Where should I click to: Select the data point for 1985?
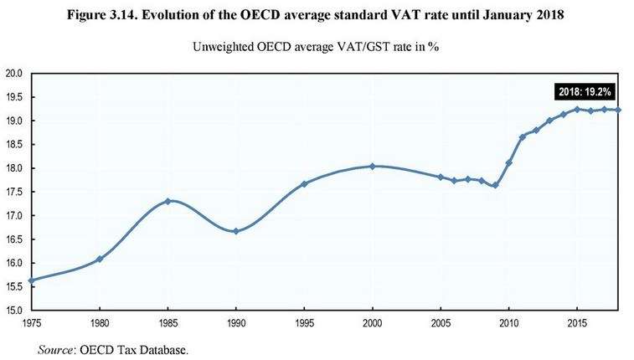168,201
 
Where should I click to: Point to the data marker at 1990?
236,231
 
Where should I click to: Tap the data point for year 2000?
373,167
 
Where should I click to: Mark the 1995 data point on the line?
304,183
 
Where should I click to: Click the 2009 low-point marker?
495,185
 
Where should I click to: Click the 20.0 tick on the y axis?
14,74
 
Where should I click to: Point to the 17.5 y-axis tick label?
14,192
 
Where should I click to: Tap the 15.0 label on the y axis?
14,311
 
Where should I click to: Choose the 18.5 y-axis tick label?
14,145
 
